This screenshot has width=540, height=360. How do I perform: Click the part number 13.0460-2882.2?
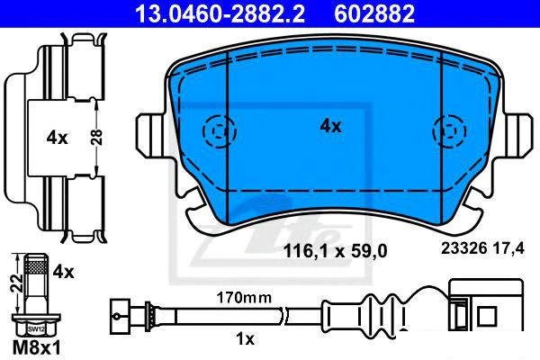tap(220, 13)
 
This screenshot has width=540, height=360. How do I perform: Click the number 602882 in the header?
tap(374, 13)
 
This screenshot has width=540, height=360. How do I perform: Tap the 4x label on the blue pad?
tap(330, 126)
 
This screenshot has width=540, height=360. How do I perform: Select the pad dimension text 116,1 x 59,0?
tap(335, 250)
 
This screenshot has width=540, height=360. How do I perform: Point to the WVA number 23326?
tap(463, 248)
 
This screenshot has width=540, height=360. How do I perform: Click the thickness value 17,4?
tap(508, 248)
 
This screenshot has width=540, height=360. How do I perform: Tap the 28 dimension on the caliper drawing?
tap(97, 137)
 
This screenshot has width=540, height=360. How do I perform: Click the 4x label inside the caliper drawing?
tap(58, 138)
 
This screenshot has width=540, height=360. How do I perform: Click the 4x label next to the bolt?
tap(63, 272)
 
